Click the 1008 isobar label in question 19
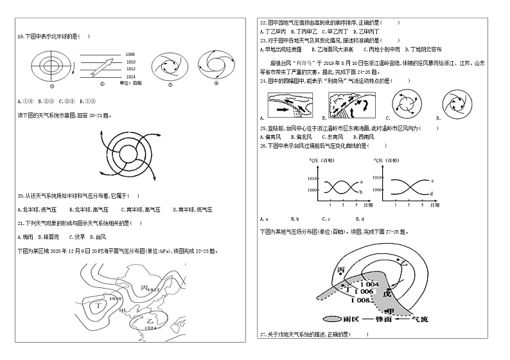(130, 55)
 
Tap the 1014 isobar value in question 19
(130, 76)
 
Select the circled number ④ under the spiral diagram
(216, 83)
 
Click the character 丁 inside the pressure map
(98, 306)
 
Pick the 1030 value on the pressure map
(116, 298)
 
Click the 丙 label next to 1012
(145, 287)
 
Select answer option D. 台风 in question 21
(98, 237)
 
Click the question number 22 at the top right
(262, 22)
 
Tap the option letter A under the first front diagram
(261, 118)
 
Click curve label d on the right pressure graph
(432, 193)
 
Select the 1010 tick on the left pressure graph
(313, 178)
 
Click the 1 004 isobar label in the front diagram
(369, 283)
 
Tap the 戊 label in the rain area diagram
(386, 293)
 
